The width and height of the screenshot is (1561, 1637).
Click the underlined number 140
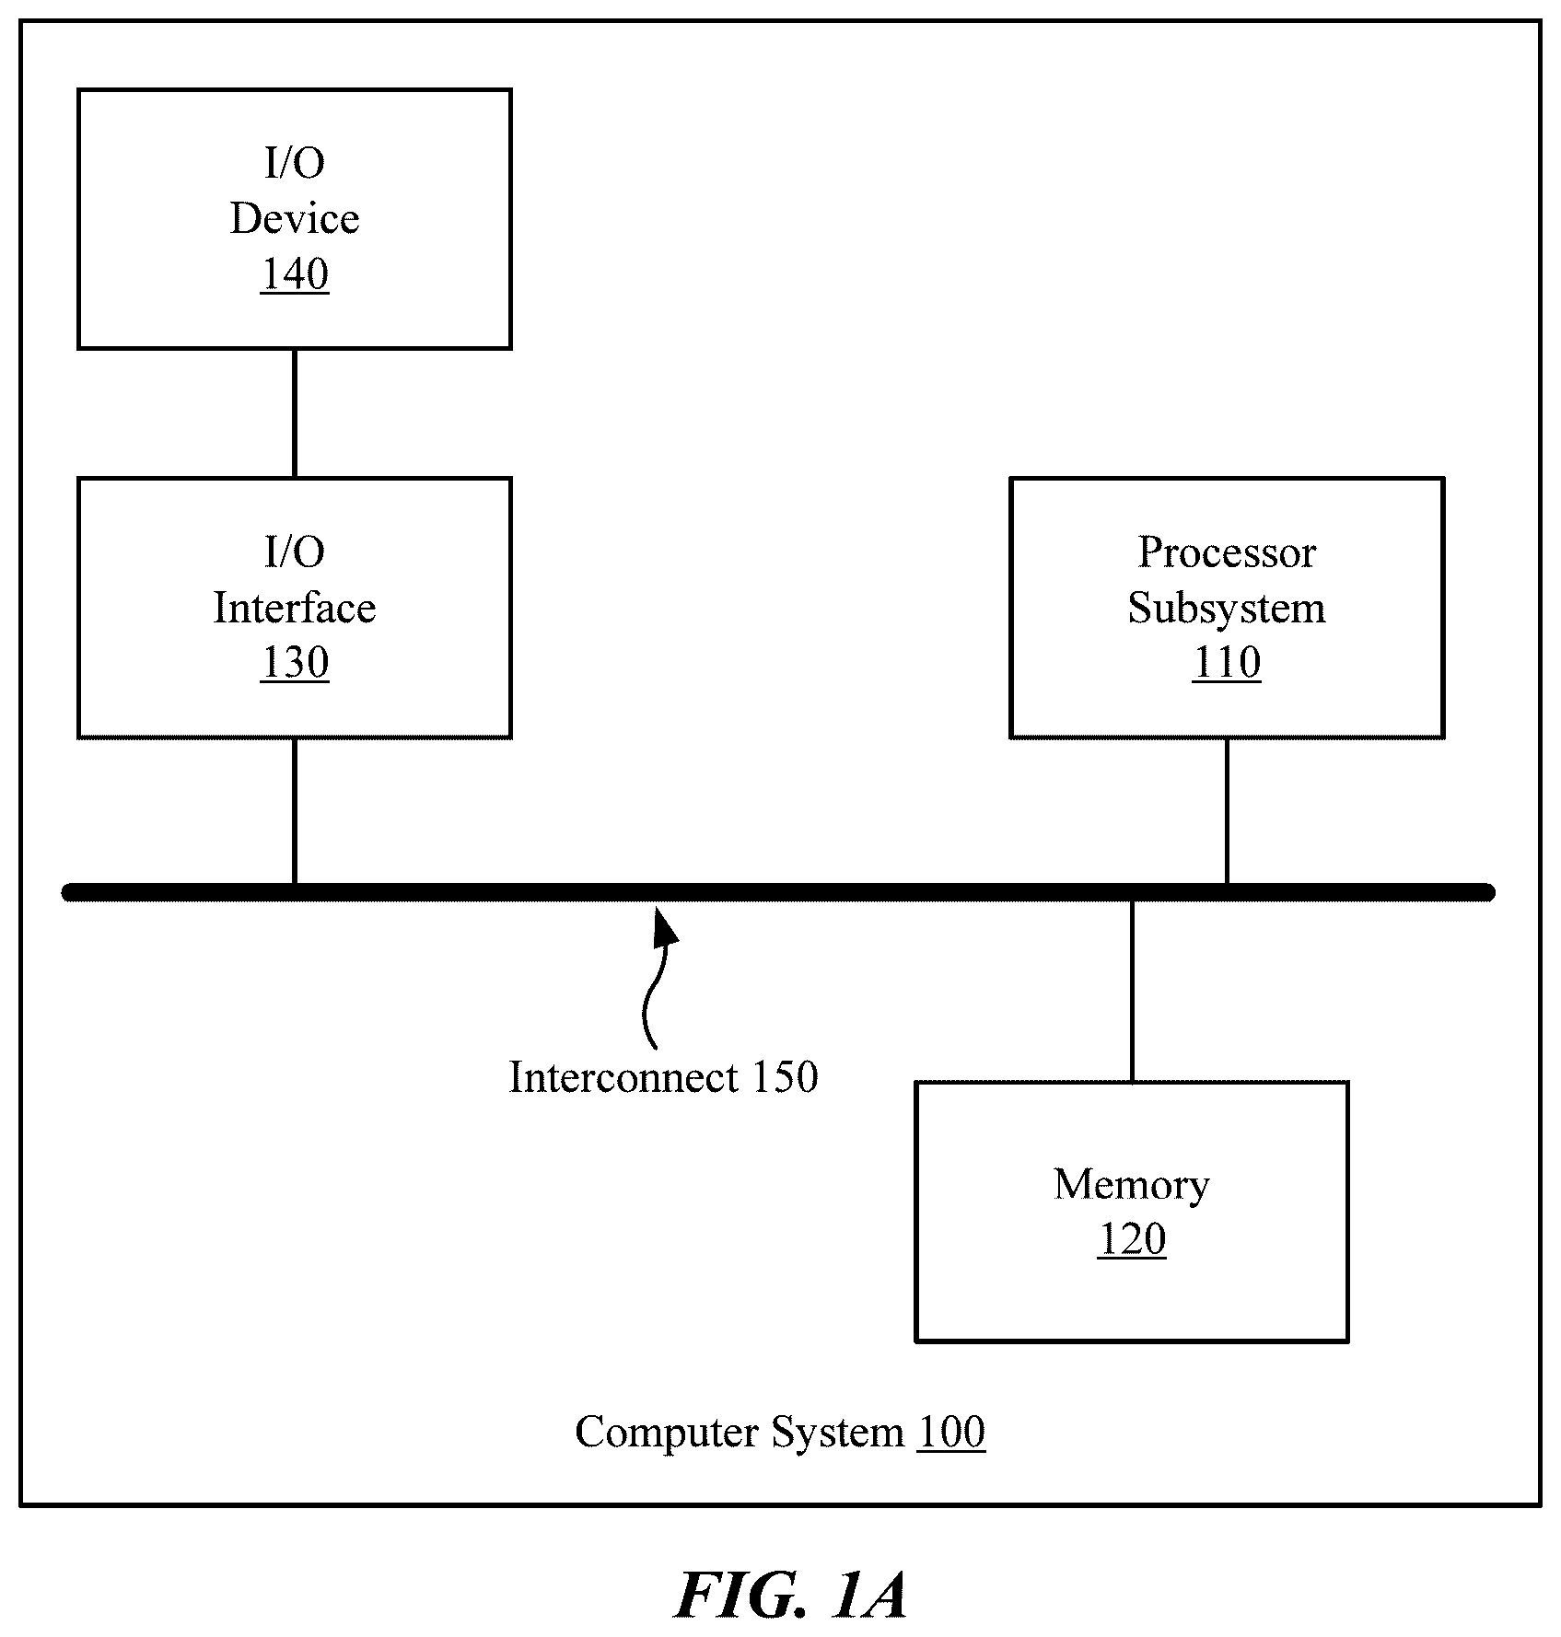coord(295,273)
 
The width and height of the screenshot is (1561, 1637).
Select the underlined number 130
coord(295,662)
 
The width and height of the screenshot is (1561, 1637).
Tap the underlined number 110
coord(1227,662)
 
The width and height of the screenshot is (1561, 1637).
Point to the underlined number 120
coord(1132,1239)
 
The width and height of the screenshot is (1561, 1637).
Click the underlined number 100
coord(951,1432)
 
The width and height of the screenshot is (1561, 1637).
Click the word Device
coord(295,218)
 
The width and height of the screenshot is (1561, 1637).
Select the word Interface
coord(295,608)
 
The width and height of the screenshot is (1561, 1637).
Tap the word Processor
coord(1227,552)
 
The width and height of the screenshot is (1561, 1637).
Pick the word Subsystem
coord(1227,608)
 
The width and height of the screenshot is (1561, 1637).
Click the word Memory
coord(1132,1185)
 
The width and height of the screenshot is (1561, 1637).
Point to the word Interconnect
coord(623,1077)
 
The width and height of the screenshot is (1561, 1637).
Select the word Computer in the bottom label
coord(668,1433)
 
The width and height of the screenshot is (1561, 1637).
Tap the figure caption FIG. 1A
coord(791,1595)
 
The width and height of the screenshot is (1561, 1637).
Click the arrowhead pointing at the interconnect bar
coord(665,925)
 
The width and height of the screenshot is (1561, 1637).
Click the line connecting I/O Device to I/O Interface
coord(295,413)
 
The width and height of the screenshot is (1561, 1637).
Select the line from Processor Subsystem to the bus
coord(1227,810)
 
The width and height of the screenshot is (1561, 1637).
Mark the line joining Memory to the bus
coord(1132,991)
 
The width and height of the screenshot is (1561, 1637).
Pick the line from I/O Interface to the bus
coord(295,810)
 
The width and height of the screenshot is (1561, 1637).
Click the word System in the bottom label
coord(837,1433)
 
